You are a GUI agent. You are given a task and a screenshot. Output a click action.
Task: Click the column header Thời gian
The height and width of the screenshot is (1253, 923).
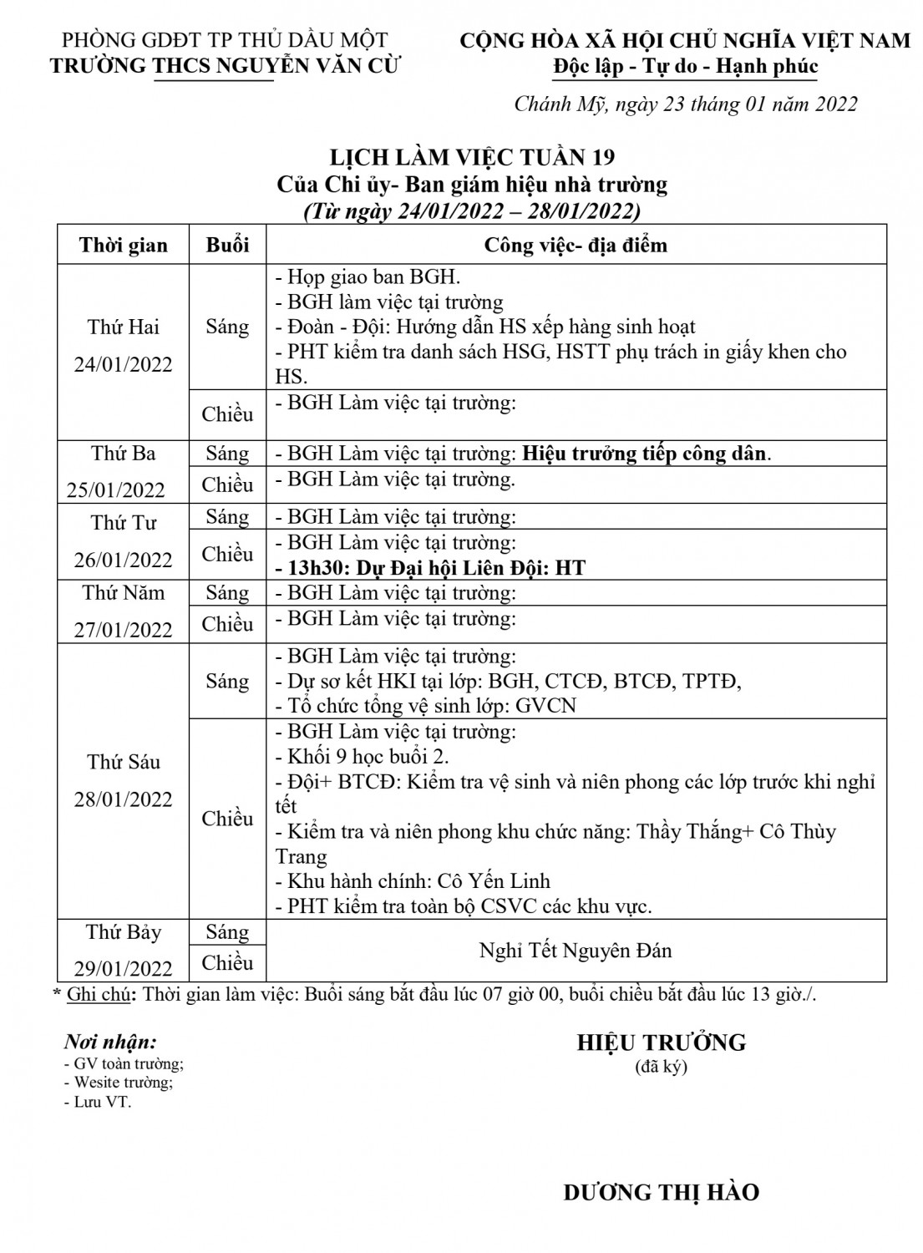[x=124, y=245]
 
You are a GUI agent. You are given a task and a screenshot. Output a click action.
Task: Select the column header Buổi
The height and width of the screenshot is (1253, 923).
[x=227, y=245]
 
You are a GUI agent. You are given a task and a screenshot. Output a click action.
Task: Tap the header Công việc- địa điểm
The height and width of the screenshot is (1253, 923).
[x=576, y=245]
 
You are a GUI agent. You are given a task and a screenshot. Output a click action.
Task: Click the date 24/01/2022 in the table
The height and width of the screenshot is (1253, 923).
[x=124, y=364]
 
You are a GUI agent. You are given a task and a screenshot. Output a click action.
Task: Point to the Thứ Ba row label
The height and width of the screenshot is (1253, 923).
[x=124, y=454]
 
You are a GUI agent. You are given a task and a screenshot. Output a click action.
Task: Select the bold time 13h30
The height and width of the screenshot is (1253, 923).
[x=318, y=568]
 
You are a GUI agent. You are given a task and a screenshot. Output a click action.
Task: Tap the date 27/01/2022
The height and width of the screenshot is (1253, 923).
[x=124, y=630]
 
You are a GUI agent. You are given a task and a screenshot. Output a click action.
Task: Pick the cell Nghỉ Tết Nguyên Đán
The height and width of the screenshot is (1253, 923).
[x=576, y=951]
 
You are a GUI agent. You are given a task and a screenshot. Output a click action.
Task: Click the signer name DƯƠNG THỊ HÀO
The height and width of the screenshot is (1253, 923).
[x=661, y=1192]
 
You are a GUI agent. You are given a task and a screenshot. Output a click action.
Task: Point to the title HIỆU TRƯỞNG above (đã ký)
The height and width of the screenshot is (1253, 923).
[x=661, y=1042]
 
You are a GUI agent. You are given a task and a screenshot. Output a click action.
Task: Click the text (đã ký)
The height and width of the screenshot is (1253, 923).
[x=661, y=1066]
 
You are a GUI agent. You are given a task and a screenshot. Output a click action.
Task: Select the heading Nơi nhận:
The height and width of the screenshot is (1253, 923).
[x=110, y=1042]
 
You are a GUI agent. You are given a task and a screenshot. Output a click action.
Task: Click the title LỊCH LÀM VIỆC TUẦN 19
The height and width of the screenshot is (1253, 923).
[x=472, y=157]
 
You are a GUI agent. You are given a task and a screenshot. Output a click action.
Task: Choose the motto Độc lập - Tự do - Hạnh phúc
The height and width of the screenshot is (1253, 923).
[x=685, y=66]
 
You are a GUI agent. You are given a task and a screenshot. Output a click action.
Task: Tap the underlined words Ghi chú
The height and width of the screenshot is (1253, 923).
[x=102, y=994]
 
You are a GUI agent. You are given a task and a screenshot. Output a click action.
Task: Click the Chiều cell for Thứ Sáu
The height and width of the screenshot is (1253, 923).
[x=227, y=819]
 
